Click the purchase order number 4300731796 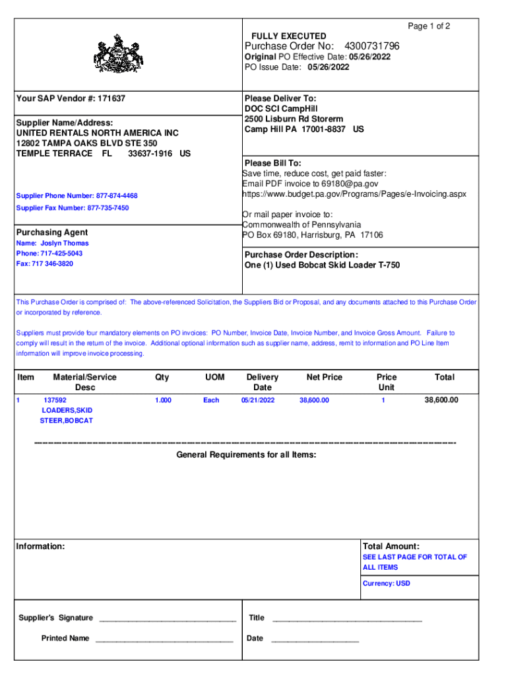pos(371,46)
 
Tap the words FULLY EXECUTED pos(288,36)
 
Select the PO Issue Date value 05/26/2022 pos(327,67)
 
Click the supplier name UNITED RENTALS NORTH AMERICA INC pos(97,133)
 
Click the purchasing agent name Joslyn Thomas pos(65,244)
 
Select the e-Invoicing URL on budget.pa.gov pos(354,194)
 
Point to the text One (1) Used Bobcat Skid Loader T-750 pos(322,265)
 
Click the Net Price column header pos(324,377)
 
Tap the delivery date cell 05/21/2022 pos(258,400)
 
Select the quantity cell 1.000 pos(163,400)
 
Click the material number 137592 pos(55,400)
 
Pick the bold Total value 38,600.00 pos(441,400)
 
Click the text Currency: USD pos(386,584)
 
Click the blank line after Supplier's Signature pos(166,619)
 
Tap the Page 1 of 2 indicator pos(429,26)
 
